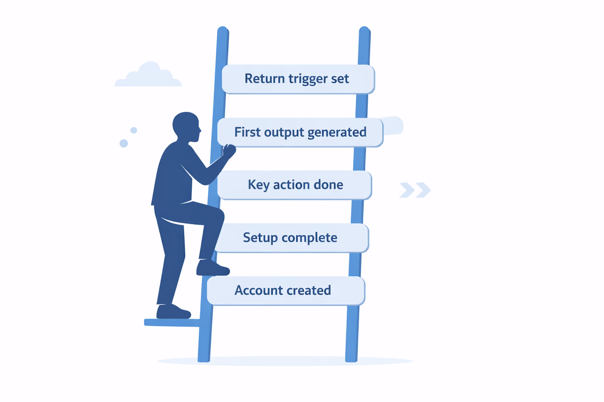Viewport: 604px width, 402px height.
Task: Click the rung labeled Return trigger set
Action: [298, 79]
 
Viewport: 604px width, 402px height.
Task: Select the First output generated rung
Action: [300, 133]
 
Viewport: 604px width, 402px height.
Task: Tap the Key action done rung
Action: [295, 185]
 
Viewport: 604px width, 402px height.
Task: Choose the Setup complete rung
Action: [290, 238]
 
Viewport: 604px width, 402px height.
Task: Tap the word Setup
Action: [260, 238]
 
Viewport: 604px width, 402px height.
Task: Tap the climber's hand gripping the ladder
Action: [229, 150]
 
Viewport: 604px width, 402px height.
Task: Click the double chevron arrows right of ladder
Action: [415, 190]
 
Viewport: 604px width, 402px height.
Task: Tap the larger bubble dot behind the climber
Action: [124, 143]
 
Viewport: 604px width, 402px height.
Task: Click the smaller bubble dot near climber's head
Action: [134, 130]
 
